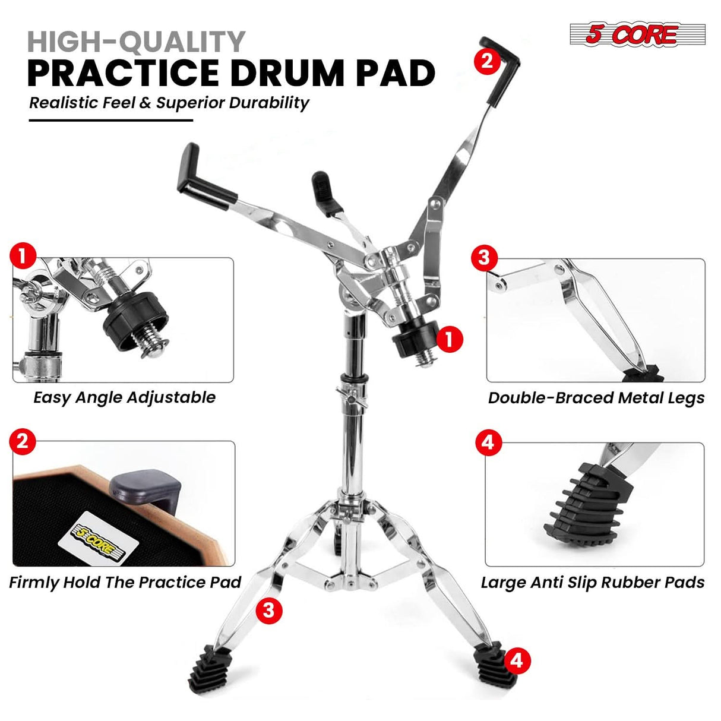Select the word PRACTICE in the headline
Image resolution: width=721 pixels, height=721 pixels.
(123, 74)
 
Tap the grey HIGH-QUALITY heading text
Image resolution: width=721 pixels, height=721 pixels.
(136, 42)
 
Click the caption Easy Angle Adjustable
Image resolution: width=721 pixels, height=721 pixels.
(124, 397)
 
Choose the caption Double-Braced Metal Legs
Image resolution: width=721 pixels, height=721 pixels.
(596, 398)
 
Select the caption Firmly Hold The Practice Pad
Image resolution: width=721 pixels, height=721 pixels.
(125, 582)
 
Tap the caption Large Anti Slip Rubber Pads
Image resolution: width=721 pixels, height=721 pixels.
(592, 582)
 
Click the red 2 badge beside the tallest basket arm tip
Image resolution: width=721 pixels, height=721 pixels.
(487, 60)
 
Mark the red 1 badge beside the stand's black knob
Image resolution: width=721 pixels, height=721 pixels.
(449, 339)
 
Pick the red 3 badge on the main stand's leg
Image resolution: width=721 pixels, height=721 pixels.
(268, 610)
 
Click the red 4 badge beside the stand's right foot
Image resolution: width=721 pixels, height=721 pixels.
(517, 660)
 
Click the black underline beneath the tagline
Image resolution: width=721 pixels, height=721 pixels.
(111, 120)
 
